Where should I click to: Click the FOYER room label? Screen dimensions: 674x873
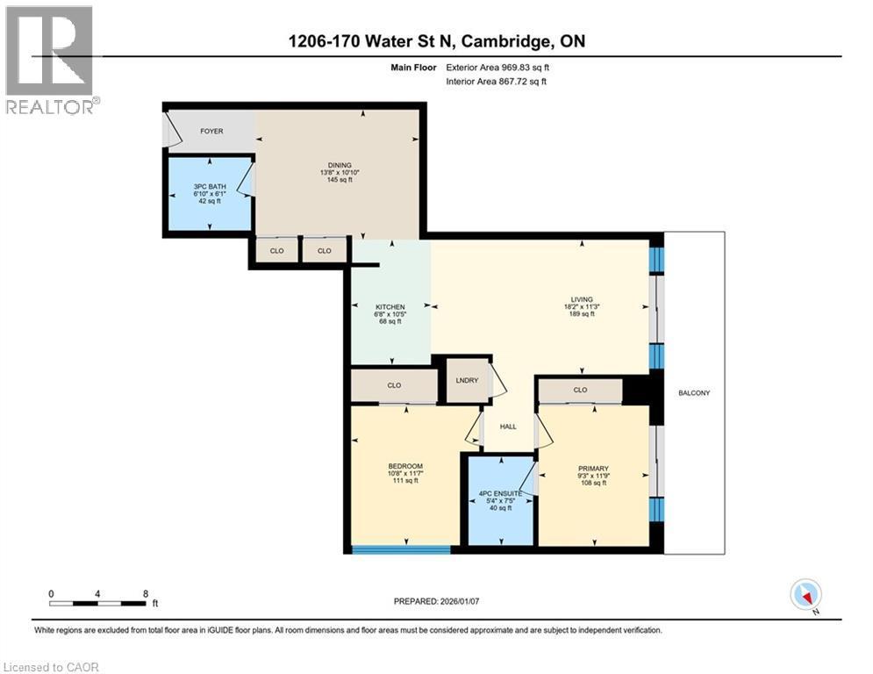tap(211, 132)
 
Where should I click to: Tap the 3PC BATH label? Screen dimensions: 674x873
tap(209, 187)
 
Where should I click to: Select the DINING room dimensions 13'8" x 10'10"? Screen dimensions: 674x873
tap(340, 173)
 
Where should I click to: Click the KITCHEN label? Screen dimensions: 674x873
tap(390, 306)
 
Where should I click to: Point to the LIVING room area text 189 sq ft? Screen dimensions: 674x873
tap(580, 314)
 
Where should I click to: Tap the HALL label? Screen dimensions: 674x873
tap(508, 427)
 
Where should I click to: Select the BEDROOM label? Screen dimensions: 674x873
tap(405, 466)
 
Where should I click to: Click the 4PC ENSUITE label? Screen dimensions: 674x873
tap(500, 495)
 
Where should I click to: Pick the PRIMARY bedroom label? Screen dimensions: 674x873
tap(593, 469)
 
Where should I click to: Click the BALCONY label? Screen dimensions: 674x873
tap(693, 393)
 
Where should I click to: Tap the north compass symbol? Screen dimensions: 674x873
tap(805, 595)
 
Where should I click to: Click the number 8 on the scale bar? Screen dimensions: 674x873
tap(145, 593)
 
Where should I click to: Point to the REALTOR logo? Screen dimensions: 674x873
tap(49, 59)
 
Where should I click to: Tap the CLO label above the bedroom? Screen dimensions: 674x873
tap(394, 385)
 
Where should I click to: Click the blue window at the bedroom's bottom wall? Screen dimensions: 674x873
tap(401, 550)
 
